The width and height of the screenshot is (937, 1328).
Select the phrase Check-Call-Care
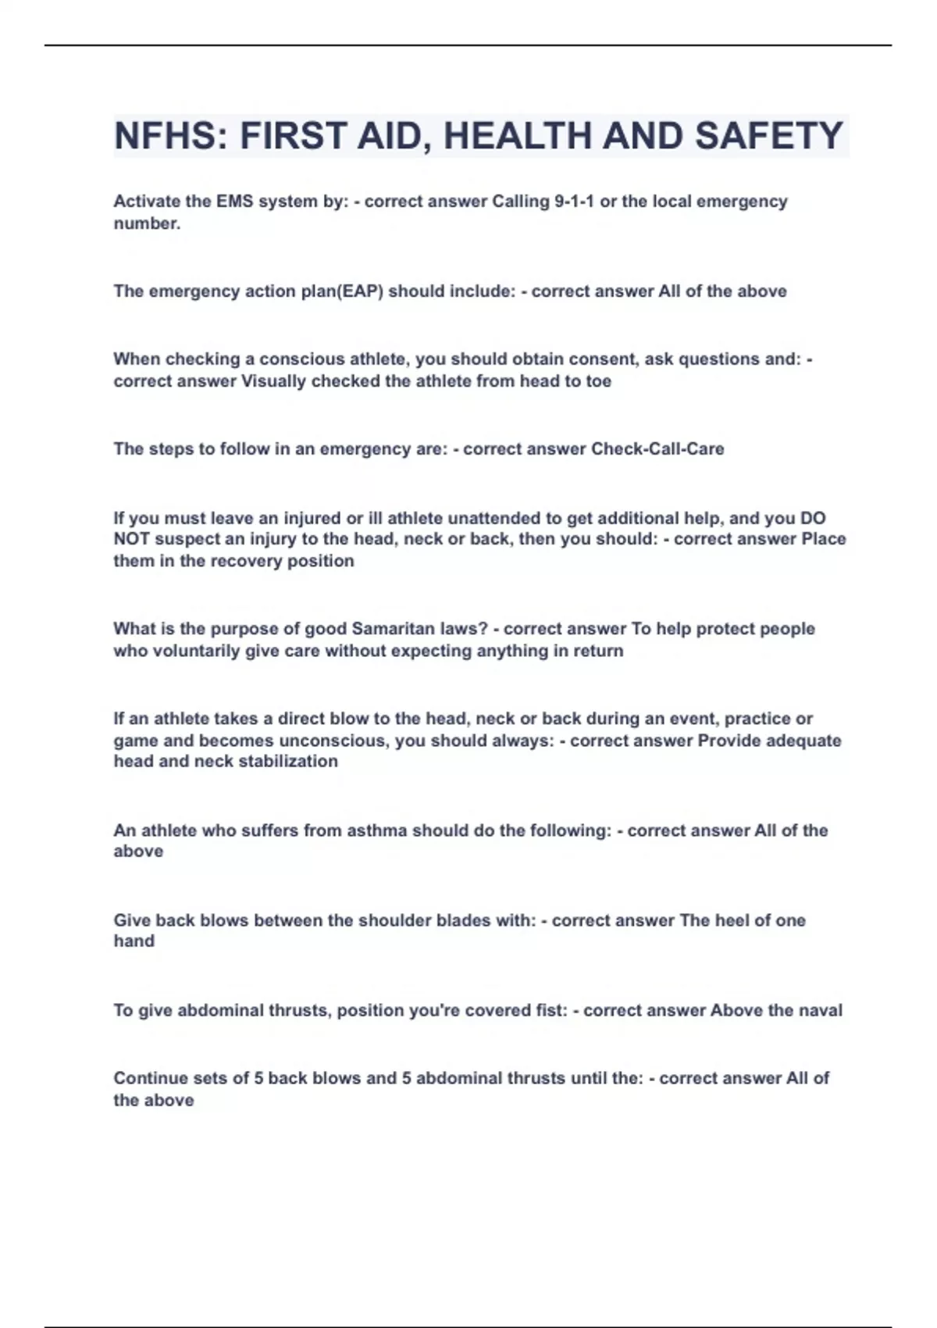(657, 449)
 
